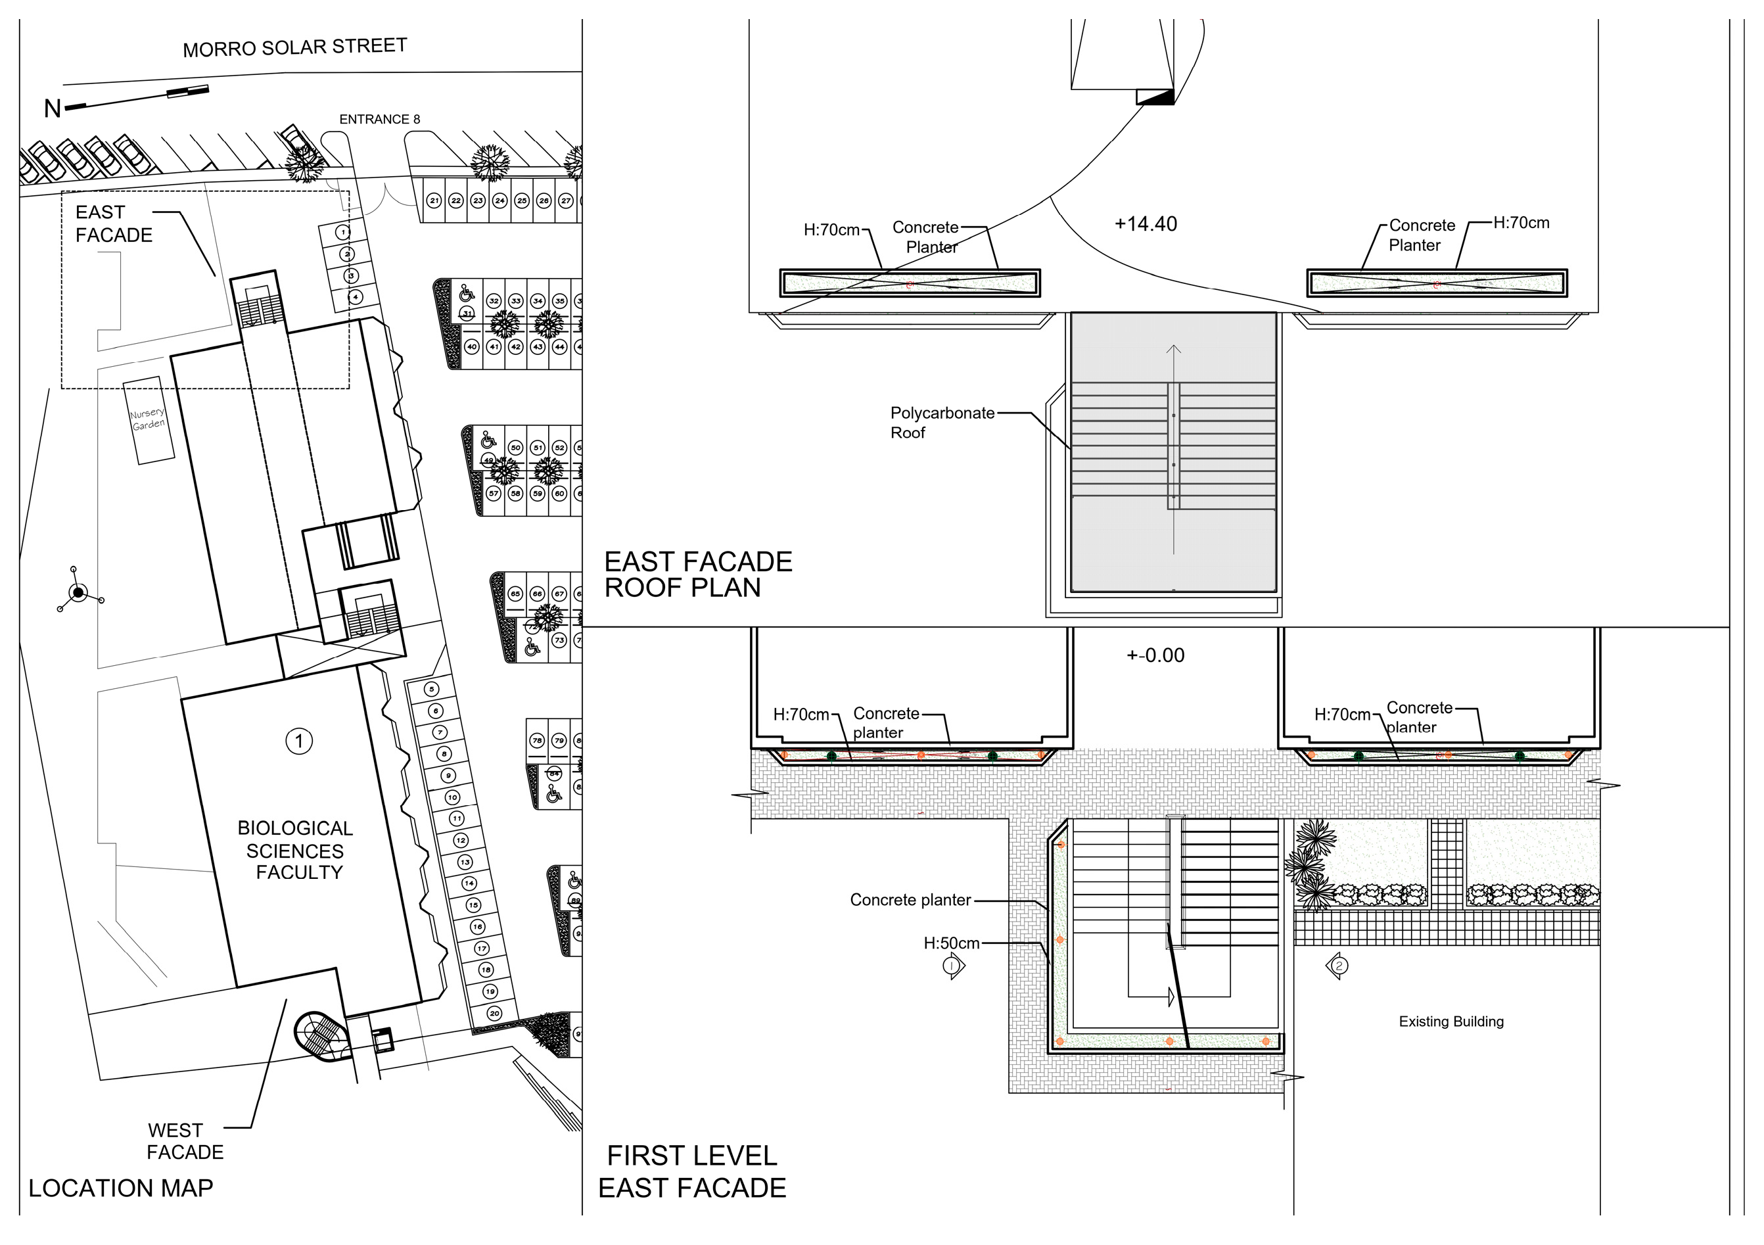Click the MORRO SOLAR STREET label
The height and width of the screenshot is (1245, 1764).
[294, 47]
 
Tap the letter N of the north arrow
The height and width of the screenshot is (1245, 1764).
[52, 109]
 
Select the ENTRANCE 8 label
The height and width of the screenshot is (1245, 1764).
[379, 119]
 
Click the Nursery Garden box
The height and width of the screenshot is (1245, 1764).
[149, 419]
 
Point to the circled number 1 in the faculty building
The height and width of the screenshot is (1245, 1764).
[299, 741]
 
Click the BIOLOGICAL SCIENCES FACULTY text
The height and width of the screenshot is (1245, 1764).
[296, 850]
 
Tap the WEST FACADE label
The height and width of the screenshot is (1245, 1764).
[185, 1141]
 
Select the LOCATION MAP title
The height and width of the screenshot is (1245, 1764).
[121, 1188]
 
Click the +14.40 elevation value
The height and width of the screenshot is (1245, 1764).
[1146, 224]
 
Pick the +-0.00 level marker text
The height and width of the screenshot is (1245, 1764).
[1155, 655]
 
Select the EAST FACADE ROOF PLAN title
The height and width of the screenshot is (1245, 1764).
[697, 575]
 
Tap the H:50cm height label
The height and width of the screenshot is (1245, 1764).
[951, 944]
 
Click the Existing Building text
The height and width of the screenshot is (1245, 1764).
[1451, 1022]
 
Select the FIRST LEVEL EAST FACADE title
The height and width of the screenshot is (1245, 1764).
[692, 1172]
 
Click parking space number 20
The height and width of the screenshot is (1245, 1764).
[494, 1013]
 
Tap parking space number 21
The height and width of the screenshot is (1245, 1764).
[434, 200]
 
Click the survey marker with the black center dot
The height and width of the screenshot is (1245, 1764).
[78, 592]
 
